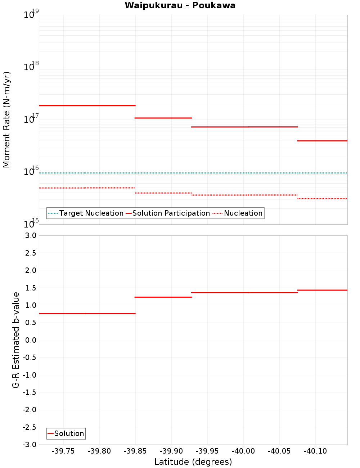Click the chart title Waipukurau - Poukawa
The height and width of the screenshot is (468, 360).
point(180,5)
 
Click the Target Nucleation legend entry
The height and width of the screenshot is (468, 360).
point(91,213)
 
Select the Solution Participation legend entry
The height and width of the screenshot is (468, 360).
point(171,213)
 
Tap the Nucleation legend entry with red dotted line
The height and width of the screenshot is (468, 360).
point(243,213)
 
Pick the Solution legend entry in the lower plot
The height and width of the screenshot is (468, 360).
point(69,433)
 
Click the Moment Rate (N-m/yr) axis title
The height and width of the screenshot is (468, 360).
point(6,120)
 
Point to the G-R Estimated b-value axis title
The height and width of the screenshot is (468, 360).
point(16,340)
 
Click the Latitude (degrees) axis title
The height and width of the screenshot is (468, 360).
point(193,462)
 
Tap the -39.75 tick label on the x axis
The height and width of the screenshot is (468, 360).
point(63,451)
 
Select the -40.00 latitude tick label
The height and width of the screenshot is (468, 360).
point(243,451)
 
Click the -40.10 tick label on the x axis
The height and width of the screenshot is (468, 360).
point(315,451)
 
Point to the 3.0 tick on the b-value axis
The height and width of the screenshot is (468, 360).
point(30,235)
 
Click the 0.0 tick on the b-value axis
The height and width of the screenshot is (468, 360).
point(30,340)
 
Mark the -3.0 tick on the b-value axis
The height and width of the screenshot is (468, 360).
point(30,445)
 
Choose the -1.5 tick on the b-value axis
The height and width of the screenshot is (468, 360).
point(30,392)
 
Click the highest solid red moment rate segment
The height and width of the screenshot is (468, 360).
point(87,105)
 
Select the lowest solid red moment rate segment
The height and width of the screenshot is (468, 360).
point(322,140)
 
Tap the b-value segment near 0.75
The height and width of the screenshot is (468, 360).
point(87,314)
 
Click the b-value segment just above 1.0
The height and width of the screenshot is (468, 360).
point(163,297)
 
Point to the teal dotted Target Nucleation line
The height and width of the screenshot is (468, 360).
point(193,173)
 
